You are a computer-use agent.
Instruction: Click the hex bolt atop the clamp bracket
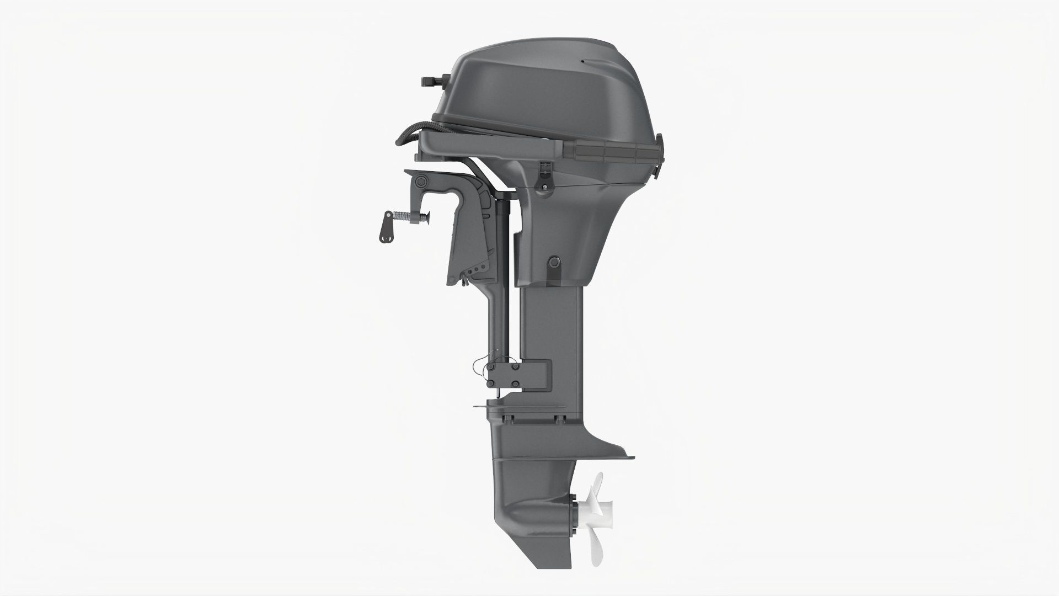[x=422, y=182]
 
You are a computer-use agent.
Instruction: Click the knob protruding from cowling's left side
[x=433, y=82]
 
